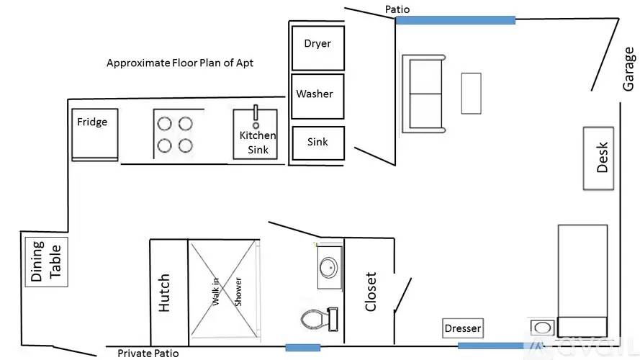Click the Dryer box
[x=318, y=48]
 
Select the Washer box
[x=317, y=96]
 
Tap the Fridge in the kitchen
[x=95, y=135]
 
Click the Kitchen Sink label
[x=258, y=143]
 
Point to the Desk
[x=598, y=158]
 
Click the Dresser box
[x=463, y=328]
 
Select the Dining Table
[x=46, y=261]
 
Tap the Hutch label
[x=163, y=292]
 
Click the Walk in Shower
[x=224, y=289]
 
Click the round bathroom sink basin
[x=328, y=268]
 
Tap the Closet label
[x=370, y=292]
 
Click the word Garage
[x=628, y=68]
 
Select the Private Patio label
[x=148, y=353]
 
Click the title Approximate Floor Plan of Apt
[x=180, y=63]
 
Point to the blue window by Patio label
[x=455, y=20]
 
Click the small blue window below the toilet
[x=302, y=348]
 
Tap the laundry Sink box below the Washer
[x=318, y=143]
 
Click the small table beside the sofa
[x=471, y=94]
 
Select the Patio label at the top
[x=397, y=9]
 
